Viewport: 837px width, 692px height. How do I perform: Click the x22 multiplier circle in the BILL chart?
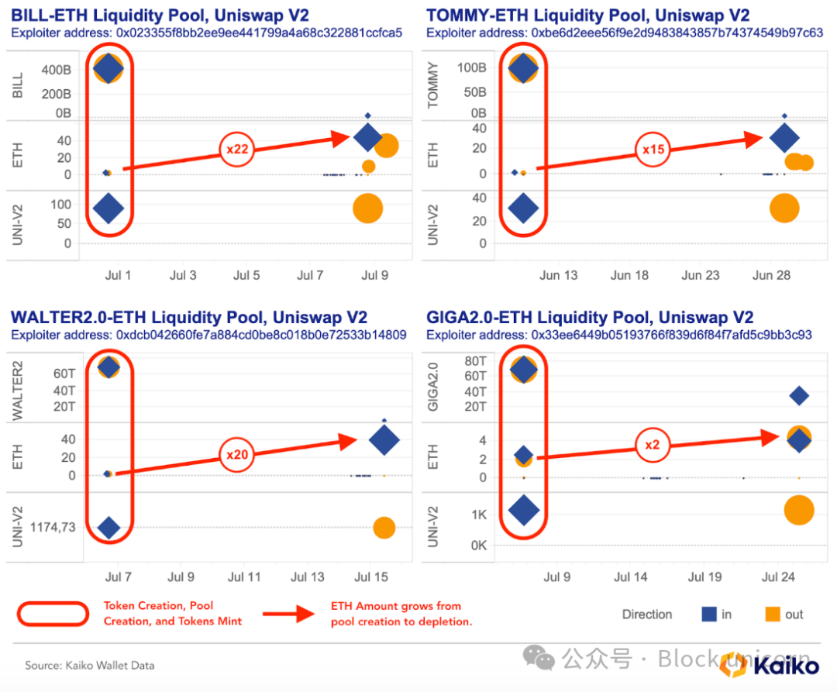coord(237,149)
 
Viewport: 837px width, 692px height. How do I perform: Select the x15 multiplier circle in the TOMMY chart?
coord(653,149)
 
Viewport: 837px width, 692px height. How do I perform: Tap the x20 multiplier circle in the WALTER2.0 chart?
coord(237,455)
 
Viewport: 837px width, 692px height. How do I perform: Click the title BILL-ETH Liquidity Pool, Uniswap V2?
coord(172,15)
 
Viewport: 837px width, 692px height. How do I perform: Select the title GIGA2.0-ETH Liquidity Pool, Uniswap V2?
coord(590,317)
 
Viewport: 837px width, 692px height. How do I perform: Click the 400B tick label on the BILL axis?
coord(57,71)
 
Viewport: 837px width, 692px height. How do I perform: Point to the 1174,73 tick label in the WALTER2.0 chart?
coord(53,528)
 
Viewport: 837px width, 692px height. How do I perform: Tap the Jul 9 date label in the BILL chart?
coord(375,275)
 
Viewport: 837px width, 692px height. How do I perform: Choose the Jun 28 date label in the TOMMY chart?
coord(771,275)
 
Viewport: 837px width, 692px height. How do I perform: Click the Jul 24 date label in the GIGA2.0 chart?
coord(778,577)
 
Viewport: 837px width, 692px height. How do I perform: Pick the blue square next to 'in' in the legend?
coord(708,615)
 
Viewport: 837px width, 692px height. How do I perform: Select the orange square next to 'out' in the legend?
coord(772,615)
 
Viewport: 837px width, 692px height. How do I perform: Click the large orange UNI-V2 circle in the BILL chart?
coord(368,208)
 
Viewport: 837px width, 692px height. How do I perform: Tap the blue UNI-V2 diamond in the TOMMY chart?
coord(523,208)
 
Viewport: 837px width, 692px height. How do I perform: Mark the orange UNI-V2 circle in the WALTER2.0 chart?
coord(384,528)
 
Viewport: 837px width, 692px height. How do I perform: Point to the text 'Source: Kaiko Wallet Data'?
coord(89,665)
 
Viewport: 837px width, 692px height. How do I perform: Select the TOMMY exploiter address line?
coord(624,33)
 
